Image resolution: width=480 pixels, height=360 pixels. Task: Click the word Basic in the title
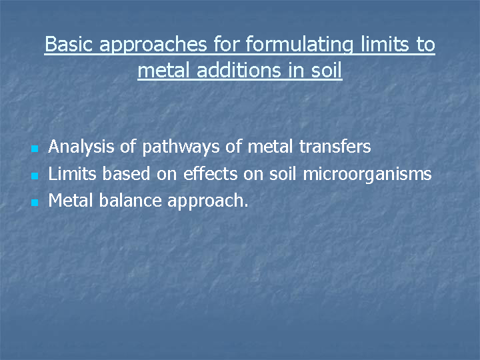point(69,44)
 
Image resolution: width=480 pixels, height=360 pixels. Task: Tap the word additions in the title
point(239,70)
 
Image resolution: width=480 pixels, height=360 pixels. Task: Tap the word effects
point(210,173)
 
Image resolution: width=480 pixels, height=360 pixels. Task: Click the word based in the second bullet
point(126,173)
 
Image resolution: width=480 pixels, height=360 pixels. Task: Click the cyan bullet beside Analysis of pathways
point(35,149)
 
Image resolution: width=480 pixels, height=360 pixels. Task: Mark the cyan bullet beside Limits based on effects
point(35,176)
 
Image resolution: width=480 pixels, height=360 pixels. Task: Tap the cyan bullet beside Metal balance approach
point(35,203)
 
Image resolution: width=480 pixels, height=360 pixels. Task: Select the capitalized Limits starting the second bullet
point(72,173)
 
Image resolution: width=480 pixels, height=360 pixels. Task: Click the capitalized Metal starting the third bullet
point(71,200)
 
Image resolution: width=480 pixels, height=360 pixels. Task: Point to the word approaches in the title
point(153,45)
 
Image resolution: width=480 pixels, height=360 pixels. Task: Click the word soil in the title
point(326,70)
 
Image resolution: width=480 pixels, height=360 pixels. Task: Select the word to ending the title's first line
point(426,45)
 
